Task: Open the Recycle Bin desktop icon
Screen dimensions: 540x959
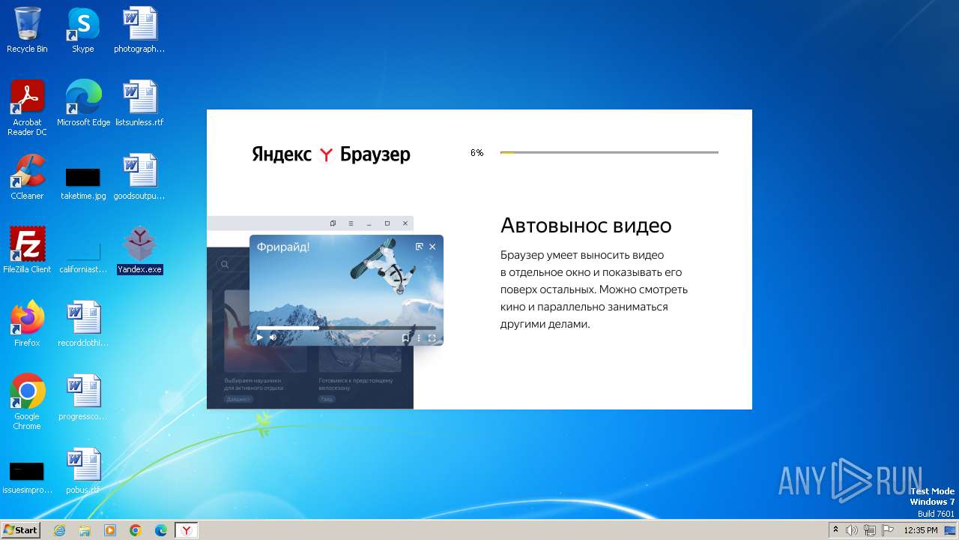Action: [27, 25]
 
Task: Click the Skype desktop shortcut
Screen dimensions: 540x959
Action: [82, 25]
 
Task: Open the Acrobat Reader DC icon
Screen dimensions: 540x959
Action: [27, 97]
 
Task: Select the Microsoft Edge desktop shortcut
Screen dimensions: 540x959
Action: [83, 97]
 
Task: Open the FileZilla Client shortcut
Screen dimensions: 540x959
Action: [27, 244]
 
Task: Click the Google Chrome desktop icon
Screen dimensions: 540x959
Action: [27, 391]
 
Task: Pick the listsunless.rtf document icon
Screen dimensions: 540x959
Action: [139, 97]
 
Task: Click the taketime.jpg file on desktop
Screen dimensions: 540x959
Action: [82, 177]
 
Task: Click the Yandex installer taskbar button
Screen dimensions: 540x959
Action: [186, 530]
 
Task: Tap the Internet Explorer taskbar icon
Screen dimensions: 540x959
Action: [60, 530]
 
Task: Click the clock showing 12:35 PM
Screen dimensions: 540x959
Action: [920, 530]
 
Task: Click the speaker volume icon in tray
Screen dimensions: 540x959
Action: [852, 530]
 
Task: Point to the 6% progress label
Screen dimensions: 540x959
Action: [477, 153]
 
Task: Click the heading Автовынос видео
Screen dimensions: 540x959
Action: [585, 226]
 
